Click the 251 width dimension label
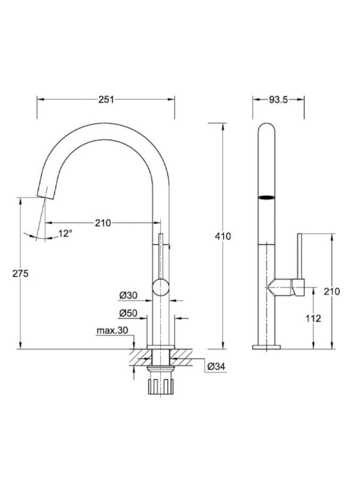pyautogui.click(x=106, y=100)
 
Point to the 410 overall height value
pyautogui.click(x=223, y=236)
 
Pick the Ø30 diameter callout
pyautogui.click(x=128, y=295)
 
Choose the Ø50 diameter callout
pyautogui.click(x=128, y=313)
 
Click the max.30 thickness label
pyautogui.click(x=112, y=331)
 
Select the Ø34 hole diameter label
pyautogui.click(x=216, y=367)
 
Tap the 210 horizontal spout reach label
pyautogui.click(x=103, y=223)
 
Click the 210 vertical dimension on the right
pyautogui.click(x=331, y=292)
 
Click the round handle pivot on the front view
pyautogui.click(x=160, y=287)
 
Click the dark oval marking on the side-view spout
pyautogui.click(x=267, y=197)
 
